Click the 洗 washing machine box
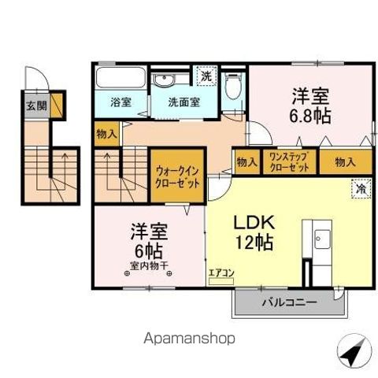point(205,77)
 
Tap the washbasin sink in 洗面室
point(167,80)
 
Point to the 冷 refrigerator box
point(359,187)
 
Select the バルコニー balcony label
point(288,302)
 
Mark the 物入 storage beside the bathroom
point(106,135)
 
